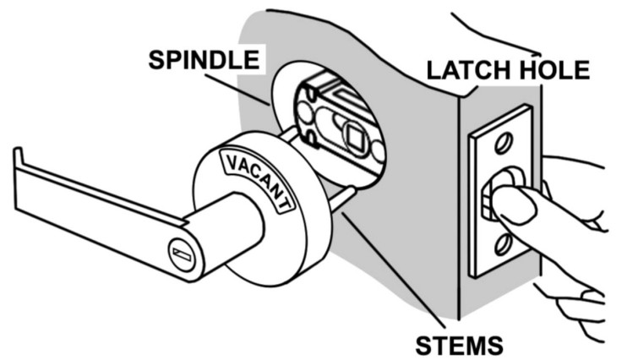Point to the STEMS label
pyautogui.click(x=459, y=344)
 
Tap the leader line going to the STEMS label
pyautogui.click(x=389, y=270)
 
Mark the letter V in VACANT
pyautogui.click(x=228, y=161)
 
